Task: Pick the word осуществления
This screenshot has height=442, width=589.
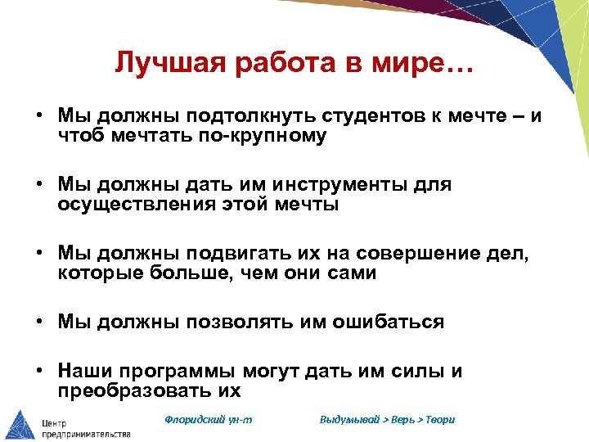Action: pyautogui.click(x=142, y=205)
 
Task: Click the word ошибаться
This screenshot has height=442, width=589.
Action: pyautogui.click(x=388, y=322)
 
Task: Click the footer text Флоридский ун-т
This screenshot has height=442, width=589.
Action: pyautogui.click(x=209, y=419)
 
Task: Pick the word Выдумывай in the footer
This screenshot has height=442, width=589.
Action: pyautogui.click(x=349, y=419)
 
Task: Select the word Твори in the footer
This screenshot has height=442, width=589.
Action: pyautogui.click(x=439, y=419)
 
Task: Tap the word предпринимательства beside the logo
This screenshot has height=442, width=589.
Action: pyautogui.click(x=86, y=433)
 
